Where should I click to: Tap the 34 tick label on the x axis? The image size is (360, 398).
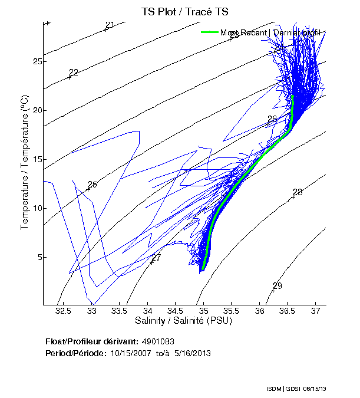[148, 310]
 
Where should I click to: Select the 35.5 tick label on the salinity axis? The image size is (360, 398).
[232, 310]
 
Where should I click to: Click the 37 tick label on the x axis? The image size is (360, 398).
[316, 310]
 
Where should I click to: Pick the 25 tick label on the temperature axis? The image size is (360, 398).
[37, 61]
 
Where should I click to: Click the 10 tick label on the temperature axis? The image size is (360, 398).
[37, 208]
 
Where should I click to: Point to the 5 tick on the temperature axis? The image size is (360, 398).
[38, 257]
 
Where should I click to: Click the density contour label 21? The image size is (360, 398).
[110, 25]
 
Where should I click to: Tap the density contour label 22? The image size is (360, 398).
[74, 73]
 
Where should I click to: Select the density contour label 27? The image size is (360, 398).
[156, 258]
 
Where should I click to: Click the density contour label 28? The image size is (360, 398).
[298, 192]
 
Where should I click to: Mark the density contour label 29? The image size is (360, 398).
[278, 286]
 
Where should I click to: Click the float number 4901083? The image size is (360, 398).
[158, 342]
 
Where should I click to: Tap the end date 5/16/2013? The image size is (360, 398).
[192, 353]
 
